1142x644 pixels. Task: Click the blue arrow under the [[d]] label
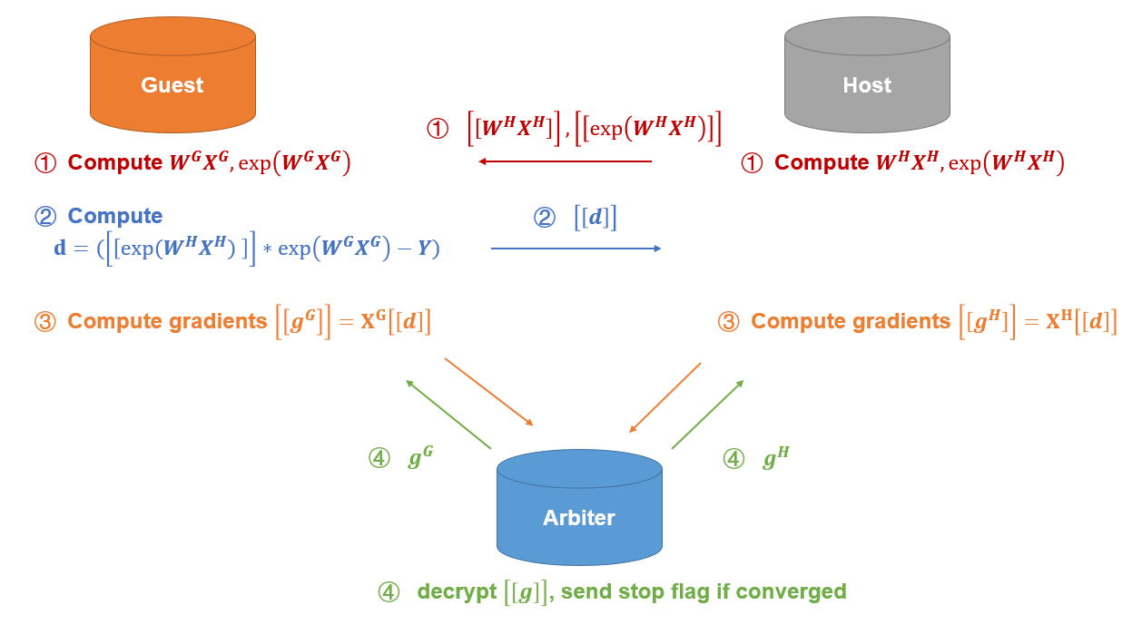tap(576, 248)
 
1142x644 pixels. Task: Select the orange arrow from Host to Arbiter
tap(665, 397)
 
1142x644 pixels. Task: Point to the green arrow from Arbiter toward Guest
tap(448, 415)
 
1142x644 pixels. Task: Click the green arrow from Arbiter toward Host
tap(707, 415)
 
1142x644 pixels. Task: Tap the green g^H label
tap(775, 458)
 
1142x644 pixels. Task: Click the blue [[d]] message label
tap(596, 219)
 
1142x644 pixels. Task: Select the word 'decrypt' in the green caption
tap(457, 591)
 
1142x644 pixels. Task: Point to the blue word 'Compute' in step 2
tap(115, 216)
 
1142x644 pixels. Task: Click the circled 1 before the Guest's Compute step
tap(45, 162)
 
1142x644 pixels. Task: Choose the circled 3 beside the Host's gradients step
tap(729, 321)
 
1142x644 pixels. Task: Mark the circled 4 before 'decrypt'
tap(389, 592)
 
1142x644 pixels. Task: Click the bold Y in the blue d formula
tap(423, 249)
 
